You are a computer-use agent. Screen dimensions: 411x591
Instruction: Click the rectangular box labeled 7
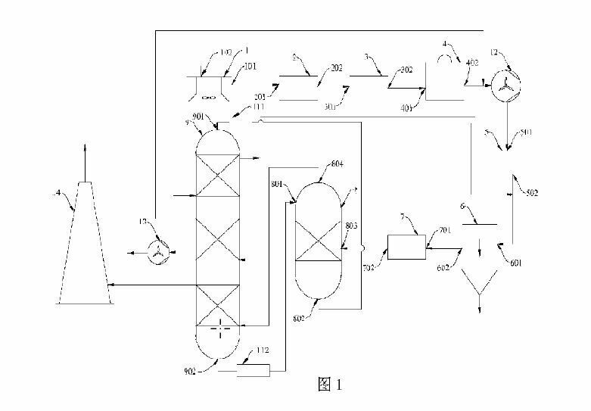[x=406, y=247]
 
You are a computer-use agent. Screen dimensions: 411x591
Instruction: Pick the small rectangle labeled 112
[x=253, y=371]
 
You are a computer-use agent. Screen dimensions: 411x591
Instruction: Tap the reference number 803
[x=350, y=225]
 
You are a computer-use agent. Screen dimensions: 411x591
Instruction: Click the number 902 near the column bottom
[x=188, y=371]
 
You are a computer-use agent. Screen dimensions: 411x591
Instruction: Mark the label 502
[x=531, y=194]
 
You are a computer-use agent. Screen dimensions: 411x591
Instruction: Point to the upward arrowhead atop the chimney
[x=85, y=145]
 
